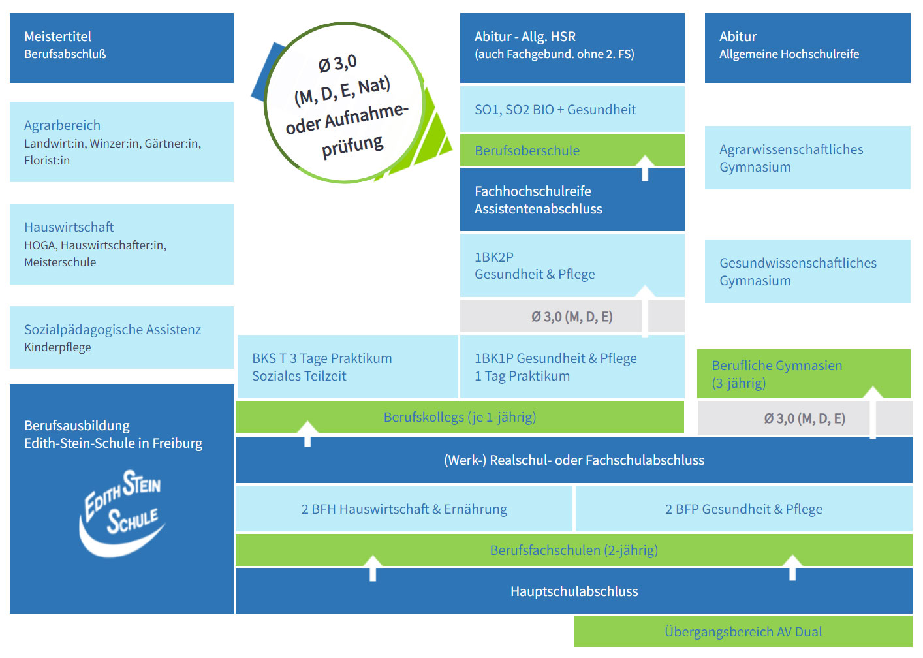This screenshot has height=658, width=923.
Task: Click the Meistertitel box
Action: (121, 48)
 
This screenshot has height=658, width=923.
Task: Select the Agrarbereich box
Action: (121, 142)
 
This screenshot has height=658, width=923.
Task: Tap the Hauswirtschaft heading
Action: (69, 227)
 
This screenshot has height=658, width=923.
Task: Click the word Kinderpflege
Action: (57, 347)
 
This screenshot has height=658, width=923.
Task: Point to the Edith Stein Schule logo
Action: (122, 513)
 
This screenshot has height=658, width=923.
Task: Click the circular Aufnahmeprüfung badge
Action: (345, 102)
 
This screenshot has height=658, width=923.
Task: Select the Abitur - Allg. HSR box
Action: (572, 48)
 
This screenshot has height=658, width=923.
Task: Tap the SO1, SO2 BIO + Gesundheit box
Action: (572, 109)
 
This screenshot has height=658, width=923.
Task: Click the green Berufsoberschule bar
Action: (572, 150)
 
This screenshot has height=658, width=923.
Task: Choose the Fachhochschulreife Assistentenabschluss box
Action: (572, 199)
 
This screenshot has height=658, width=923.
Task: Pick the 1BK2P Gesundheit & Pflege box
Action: (572, 265)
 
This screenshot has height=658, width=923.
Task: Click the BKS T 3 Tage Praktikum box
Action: (348, 367)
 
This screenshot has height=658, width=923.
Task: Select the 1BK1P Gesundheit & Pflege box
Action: (572, 367)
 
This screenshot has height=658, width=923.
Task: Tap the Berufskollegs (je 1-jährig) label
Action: (460, 417)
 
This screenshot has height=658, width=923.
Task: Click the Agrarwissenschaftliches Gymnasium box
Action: (807, 158)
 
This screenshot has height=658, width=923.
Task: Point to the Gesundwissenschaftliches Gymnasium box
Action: (807, 271)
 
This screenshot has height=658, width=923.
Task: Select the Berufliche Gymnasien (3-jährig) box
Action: (804, 373)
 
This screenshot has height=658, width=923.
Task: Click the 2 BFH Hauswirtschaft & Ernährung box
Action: (404, 509)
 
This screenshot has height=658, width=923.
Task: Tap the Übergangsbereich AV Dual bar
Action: (743, 632)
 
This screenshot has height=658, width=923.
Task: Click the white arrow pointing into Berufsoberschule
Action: (645, 168)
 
